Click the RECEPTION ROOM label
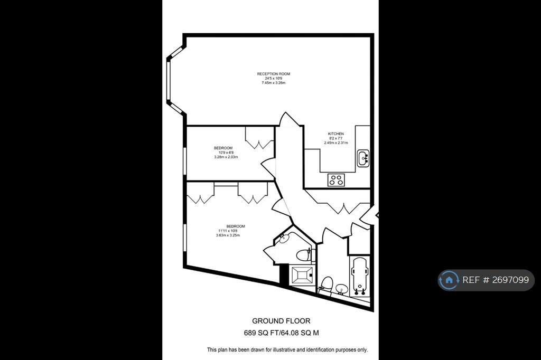point(273,74)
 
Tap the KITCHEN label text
point(335,134)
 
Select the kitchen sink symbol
point(362,158)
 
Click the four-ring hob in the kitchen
point(336,180)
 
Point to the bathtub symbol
point(359,277)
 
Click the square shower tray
point(302,275)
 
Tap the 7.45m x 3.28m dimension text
point(273,83)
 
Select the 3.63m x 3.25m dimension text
point(228,235)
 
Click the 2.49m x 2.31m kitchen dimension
point(335,143)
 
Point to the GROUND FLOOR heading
point(281,321)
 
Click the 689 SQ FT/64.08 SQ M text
point(281,333)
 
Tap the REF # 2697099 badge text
point(496,280)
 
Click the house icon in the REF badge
point(449,280)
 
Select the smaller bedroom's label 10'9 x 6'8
point(226,153)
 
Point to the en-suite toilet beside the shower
point(304,255)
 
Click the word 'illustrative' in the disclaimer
point(284,349)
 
